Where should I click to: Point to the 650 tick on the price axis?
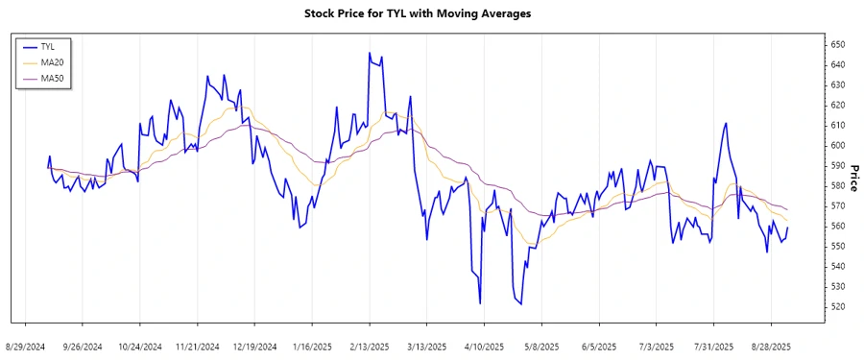point(837,45)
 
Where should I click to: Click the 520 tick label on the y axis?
point(837,307)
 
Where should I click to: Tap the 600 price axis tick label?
point(837,146)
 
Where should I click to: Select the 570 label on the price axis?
point(837,206)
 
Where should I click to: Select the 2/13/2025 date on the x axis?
point(369,346)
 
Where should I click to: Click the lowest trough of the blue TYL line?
point(519,304)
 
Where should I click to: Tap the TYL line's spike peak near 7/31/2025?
point(726,123)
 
